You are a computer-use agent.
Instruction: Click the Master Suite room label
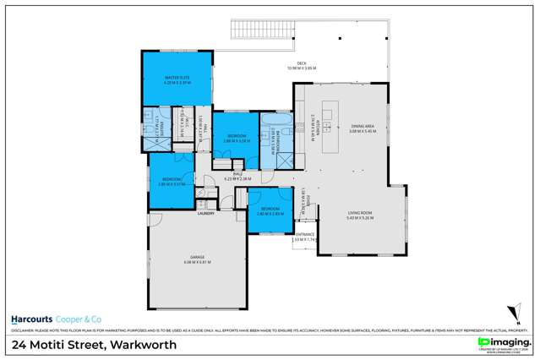pyautogui.click(x=175, y=79)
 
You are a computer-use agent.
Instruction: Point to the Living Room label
pyautogui.click(x=360, y=214)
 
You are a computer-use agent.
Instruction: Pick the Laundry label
pyautogui.click(x=206, y=214)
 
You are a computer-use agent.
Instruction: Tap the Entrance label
pyautogui.click(x=304, y=234)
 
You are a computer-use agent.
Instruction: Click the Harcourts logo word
pyautogui.click(x=32, y=319)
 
